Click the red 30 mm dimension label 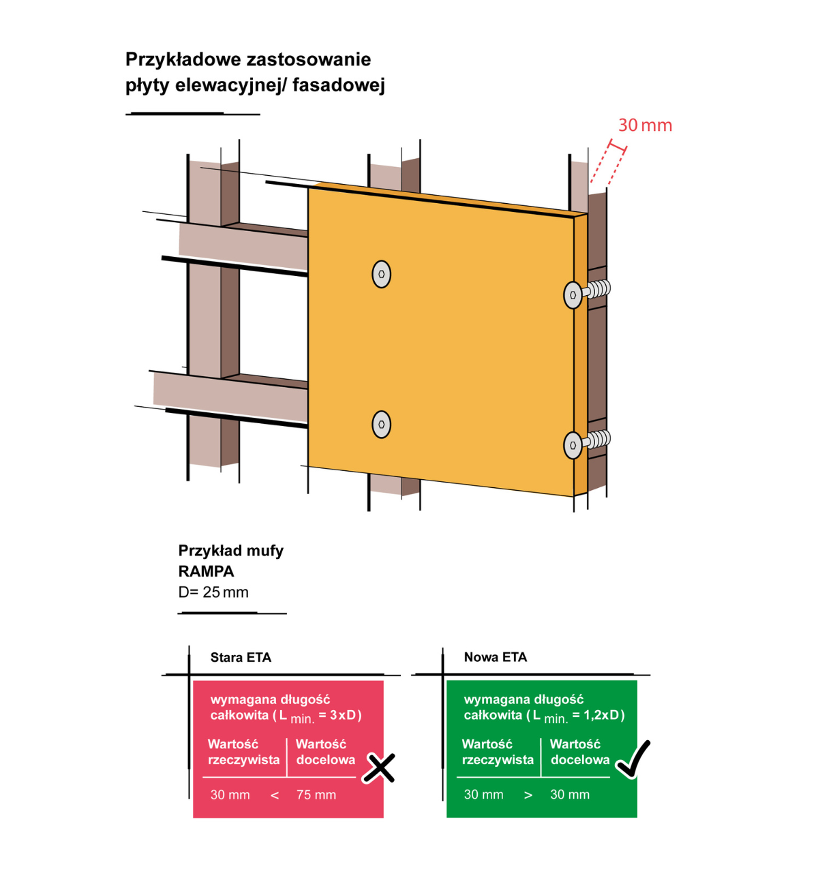point(645,125)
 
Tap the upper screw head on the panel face point(381,274)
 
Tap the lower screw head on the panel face point(381,425)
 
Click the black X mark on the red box point(379,768)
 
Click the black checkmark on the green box point(633,759)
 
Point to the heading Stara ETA point(241,658)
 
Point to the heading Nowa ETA point(496,657)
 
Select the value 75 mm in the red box point(316,795)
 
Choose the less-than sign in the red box point(275,795)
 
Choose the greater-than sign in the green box point(528,795)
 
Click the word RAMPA point(206,571)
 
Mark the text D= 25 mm point(213,592)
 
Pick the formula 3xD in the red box point(343,715)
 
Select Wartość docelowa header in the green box point(579,752)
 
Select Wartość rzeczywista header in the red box point(243,752)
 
